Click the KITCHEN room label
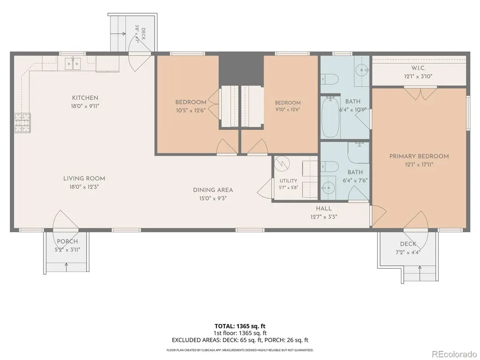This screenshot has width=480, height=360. pos(85,98)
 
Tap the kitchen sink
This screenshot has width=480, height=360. pos(73,64)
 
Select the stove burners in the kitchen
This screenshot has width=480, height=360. pos(22,123)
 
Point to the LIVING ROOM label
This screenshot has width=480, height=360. pos(84,178)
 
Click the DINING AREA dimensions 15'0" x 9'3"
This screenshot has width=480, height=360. pos(213,198)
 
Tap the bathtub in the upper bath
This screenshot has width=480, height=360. pos(331,117)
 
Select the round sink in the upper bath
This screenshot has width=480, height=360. pos(362,70)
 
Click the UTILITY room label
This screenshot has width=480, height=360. pos(288,181)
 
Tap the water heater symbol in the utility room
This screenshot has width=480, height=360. pos(281,164)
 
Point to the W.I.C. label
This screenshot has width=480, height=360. pos(418,68)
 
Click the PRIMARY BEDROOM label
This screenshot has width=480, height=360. pos(419,156)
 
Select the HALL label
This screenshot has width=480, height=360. pos(324,209)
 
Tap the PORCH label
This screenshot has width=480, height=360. pos(67,242)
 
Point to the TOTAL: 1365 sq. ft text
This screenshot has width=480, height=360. pos(237,326)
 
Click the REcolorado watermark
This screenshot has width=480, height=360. pos(454,354)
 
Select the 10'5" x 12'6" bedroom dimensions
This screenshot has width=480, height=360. pos(191,110)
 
